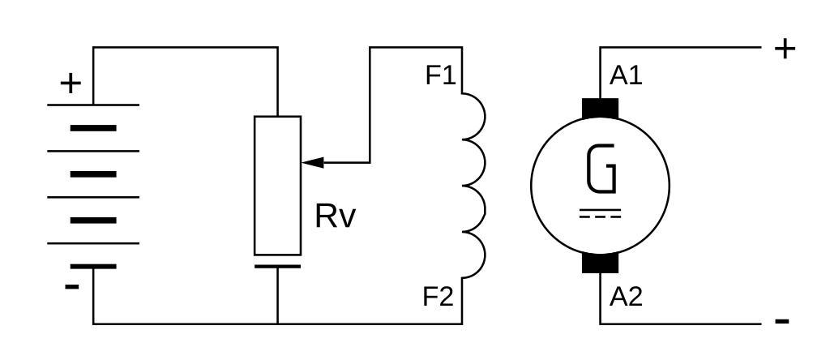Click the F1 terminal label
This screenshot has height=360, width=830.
point(441,76)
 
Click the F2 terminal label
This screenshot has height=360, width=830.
point(439,297)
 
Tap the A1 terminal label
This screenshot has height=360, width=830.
point(626,76)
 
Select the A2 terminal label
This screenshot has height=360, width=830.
point(626,297)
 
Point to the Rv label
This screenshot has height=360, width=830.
point(336,217)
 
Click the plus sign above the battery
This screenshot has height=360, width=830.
point(72,84)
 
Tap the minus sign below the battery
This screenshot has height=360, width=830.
point(72,286)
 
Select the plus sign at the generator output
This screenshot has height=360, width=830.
point(785,49)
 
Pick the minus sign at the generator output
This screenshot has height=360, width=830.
point(783,322)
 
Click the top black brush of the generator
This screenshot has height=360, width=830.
point(600,107)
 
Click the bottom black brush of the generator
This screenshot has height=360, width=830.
point(600,263)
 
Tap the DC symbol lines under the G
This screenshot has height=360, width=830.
point(601,213)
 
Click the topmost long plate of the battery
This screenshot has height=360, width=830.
point(93,105)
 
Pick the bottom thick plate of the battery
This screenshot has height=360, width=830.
point(93,266)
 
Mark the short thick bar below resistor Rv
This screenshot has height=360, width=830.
point(278,266)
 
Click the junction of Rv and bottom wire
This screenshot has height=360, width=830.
point(278,324)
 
